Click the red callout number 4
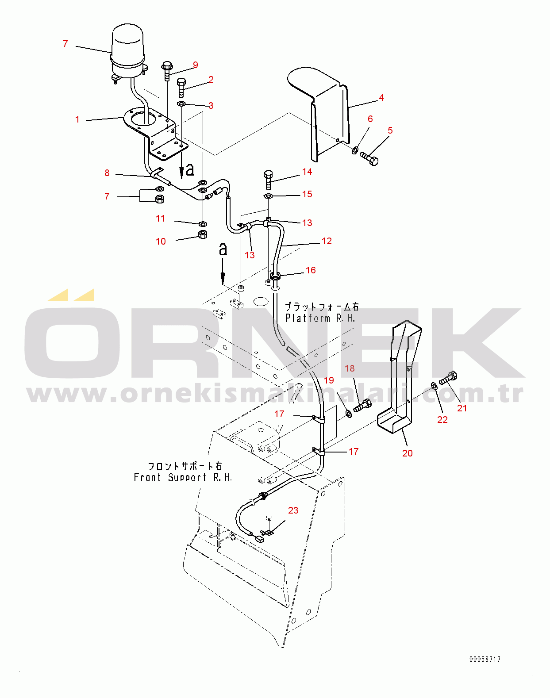[381, 98]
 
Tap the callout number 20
[407, 453]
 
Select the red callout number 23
[293, 510]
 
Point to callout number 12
[327, 241]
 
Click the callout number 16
[311, 270]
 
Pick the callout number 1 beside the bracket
[77, 119]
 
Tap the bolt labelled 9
[167, 71]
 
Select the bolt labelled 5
[369, 159]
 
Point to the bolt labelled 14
[268, 179]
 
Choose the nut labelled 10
[203, 234]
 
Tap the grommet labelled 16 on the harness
[275, 276]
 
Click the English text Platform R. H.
[320, 318]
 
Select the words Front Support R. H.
[183, 477]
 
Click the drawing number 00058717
[485, 659]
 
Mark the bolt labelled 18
[362, 406]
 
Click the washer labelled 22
[434, 385]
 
